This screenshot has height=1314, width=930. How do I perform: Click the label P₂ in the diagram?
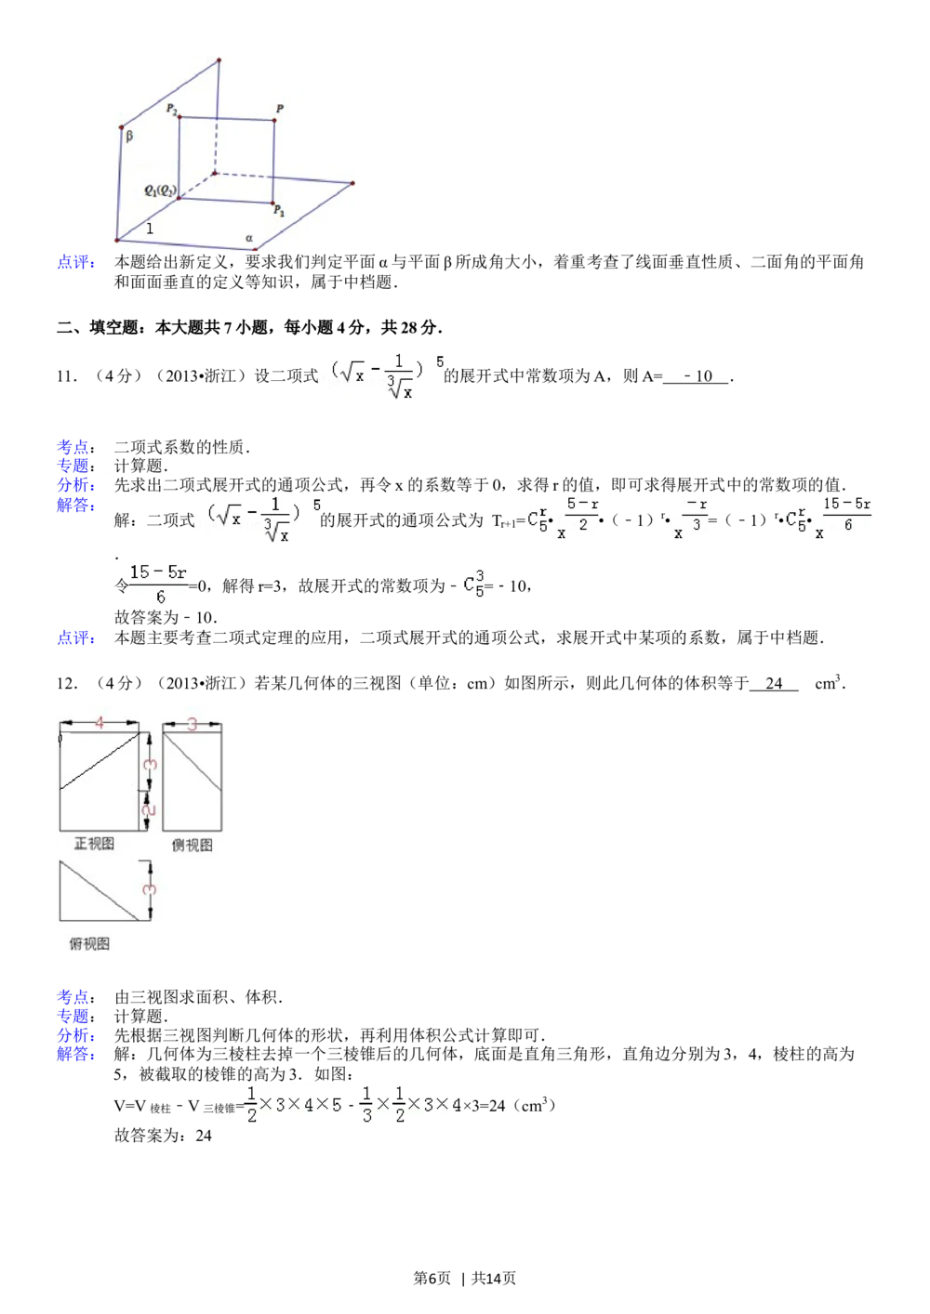coord(172,110)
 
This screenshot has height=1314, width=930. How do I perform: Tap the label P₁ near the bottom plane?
coord(279,213)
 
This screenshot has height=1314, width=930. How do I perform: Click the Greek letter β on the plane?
coord(129,136)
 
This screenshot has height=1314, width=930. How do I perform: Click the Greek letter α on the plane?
coord(249,238)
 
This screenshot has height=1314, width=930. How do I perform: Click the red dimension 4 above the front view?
coord(100,723)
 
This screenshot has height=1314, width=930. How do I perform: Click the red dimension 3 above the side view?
coord(192,724)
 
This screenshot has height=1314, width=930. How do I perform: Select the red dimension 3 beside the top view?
coord(151,889)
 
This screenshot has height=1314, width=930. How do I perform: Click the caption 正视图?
coord(94,844)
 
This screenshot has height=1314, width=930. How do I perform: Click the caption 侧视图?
coord(193,845)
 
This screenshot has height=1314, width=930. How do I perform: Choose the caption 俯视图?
coord(89,943)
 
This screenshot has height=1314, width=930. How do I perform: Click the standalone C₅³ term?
coord(474,585)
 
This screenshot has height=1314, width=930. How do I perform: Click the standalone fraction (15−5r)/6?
coord(160,585)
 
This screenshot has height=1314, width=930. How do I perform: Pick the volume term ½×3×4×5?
coord(294,1105)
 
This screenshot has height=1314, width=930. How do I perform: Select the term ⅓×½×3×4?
coord(412,1105)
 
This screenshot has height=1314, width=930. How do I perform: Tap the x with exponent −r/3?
coord(692,520)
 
